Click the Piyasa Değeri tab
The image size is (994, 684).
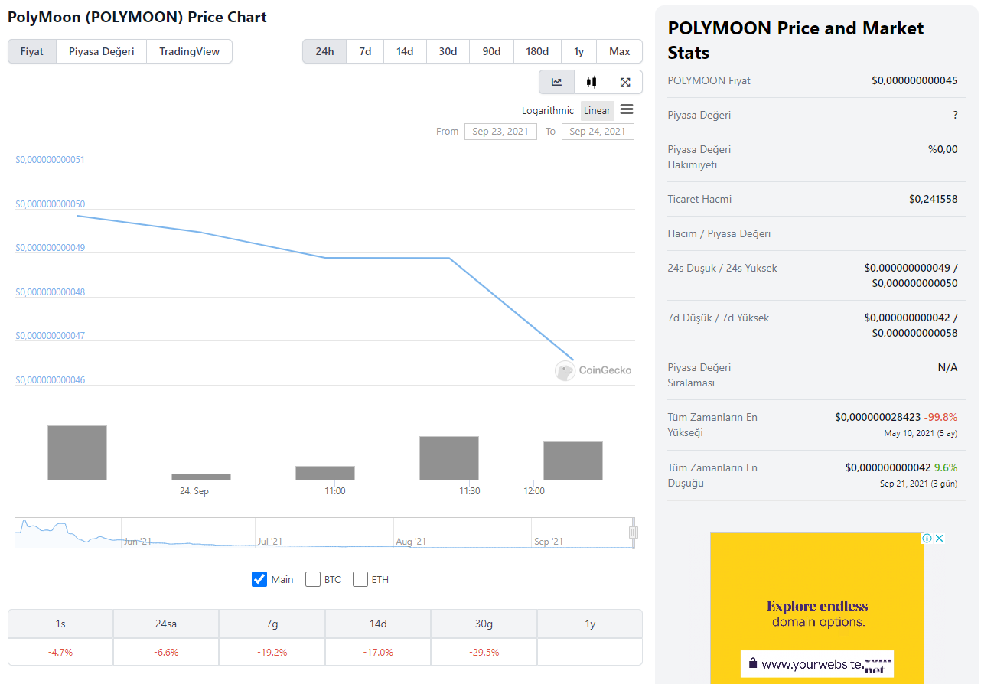pyautogui.click(x=101, y=51)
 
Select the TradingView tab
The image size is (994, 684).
pyautogui.click(x=189, y=51)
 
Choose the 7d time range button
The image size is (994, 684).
pyautogui.click(x=365, y=51)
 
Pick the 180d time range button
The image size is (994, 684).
pyautogui.click(x=537, y=51)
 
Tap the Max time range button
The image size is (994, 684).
pyautogui.click(x=619, y=51)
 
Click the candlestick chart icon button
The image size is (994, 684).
pyautogui.click(x=591, y=82)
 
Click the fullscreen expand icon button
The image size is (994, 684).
pyautogui.click(x=625, y=82)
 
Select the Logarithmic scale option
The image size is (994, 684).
pyautogui.click(x=548, y=111)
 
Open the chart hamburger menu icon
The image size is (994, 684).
pyautogui.click(x=627, y=109)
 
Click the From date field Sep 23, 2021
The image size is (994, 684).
pyautogui.click(x=500, y=132)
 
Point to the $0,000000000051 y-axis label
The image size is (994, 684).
pyautogui.click(x=51, y=160)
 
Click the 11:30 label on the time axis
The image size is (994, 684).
pyautogui.click(x=470, y=490)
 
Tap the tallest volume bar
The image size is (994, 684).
pyautogui.click(x=77, y=452)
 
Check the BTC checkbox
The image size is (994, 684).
pyautogui.click(x=313, y=579)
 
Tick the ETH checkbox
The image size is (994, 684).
pyautogui.click(x=360, y=579)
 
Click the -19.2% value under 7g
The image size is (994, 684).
pyautogui.click(x=272, y=652)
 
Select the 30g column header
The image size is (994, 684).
pyautogui.click(x=484, y=624)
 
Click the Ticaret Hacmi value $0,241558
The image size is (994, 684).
pyautogui.click(x=933, y=199)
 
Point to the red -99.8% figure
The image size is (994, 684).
pyautogui.click(x=940, y=417)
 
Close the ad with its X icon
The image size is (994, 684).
pyautogui.click(x=940, y=539)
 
